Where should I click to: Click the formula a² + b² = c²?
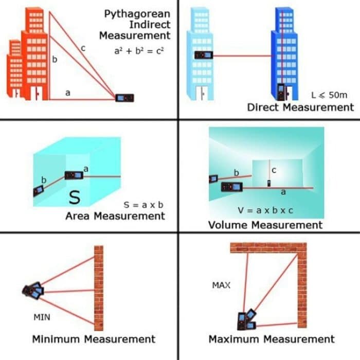138,51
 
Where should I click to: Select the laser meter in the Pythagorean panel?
124,98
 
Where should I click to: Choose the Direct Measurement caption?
300,107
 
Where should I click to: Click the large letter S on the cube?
76,196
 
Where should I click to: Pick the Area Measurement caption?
115,216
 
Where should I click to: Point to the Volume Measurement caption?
265,225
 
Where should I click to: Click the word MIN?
42,317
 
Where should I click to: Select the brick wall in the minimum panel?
98,287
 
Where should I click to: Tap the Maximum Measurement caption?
271,339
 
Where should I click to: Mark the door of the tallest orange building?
38,93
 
